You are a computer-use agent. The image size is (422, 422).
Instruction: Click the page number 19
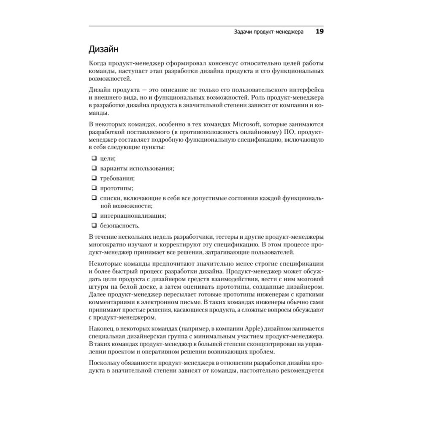point(319,32)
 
